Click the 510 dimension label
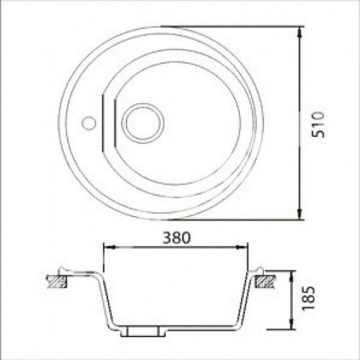(318, 125)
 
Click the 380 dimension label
(176, 238)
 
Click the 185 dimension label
(308, 298)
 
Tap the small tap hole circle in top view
(89, 123)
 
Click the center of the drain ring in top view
(143, 123)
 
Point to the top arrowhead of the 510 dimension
(300, 32)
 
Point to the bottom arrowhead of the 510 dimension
(300, 214)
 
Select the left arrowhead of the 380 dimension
(109, 247)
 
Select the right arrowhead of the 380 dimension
(242, 247)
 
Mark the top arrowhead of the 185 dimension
(292, 276)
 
